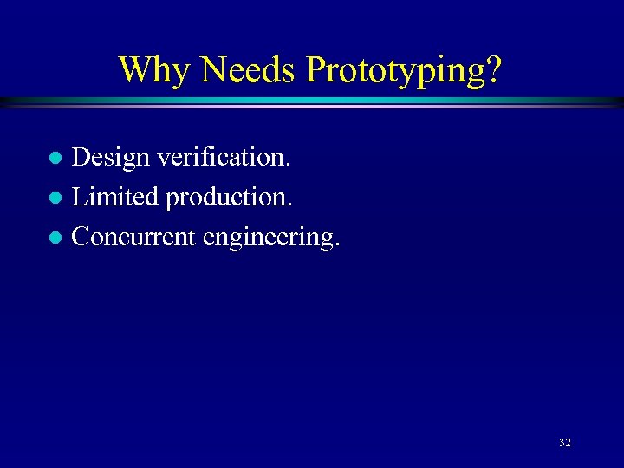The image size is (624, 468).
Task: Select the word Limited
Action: coord(114,197)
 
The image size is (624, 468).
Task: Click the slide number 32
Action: coord(565,443)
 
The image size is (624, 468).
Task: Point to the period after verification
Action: coord(289,166)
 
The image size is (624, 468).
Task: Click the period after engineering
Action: coord(336,244)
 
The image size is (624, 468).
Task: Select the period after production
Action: coord(289,205)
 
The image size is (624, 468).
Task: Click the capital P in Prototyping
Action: coord(315,69)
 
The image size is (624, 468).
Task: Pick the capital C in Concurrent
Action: coord(81,236)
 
